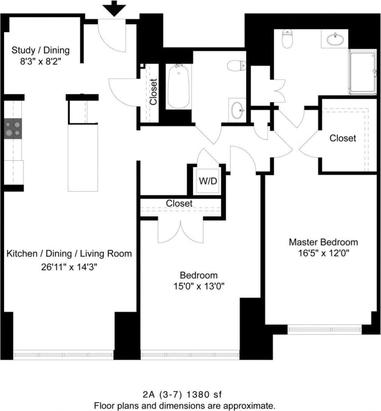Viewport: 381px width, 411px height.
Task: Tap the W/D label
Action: [x=208, y=181]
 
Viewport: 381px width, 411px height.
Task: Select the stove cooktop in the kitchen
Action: [x=13, y=128]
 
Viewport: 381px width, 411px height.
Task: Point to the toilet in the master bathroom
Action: [x=288, y=39]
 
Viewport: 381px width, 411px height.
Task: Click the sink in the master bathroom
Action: [x=335, y=40]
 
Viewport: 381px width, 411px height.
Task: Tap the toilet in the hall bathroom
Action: [x=236, y=66]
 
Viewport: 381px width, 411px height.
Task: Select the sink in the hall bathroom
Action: [x=237, y=110]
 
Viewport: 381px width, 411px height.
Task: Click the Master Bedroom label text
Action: [x=323, y=242]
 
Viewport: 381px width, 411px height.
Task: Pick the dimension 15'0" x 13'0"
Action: [x=199, y=286]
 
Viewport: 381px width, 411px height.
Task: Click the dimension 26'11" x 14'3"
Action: [x=69, y=267]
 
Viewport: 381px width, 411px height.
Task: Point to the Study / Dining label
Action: [x=41, y=50]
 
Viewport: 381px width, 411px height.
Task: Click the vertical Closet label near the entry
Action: [x=154, y=92]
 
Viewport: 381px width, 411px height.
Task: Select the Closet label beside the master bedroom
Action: [x=343, y=138]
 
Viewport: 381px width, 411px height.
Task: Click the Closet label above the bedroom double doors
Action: [x=179, y=203]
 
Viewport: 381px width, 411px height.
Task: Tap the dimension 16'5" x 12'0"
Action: [x=323, y=254]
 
